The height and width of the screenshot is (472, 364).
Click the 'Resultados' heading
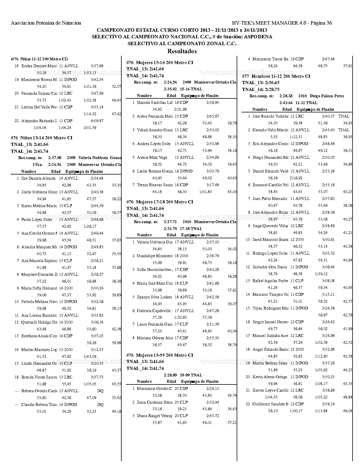pyautogui.click(x=182, y=51)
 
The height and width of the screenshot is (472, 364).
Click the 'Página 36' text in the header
pyautogui.click(x=321, y=23)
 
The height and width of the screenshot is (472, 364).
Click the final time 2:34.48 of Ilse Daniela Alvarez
pyautogui.click(x=97, y=178)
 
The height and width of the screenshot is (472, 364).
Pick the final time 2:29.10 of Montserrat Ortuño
pyautogui.click(x=213, y=388)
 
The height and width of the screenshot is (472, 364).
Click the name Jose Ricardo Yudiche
pyautogui.click(x=270, y=116)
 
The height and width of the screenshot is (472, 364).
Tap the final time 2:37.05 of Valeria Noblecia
pyautogui.click(x=213, y=242)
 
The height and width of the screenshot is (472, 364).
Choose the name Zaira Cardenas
pyautogui.click(x=154, y=402)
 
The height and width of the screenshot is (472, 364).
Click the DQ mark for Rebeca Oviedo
pyautogui.click(x=100, y=391)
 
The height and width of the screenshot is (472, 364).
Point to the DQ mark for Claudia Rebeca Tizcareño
pyautogui.click(x=100, y=404)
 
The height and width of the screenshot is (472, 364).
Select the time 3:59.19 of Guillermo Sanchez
pyautogui.click(x=328, y=404)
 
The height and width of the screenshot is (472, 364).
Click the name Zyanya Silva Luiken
pyautogui.click(x=154, y=297)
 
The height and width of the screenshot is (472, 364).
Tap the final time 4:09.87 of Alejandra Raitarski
pyautogui.click(x=97, y=121)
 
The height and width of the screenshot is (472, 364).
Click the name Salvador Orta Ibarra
pyautogui.click(x=270, y=267)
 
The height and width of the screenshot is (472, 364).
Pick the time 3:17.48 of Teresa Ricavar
pyautogui.click(x=213, y=185)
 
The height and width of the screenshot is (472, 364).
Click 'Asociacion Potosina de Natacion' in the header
pyautogui.click(x=46, y=23)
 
